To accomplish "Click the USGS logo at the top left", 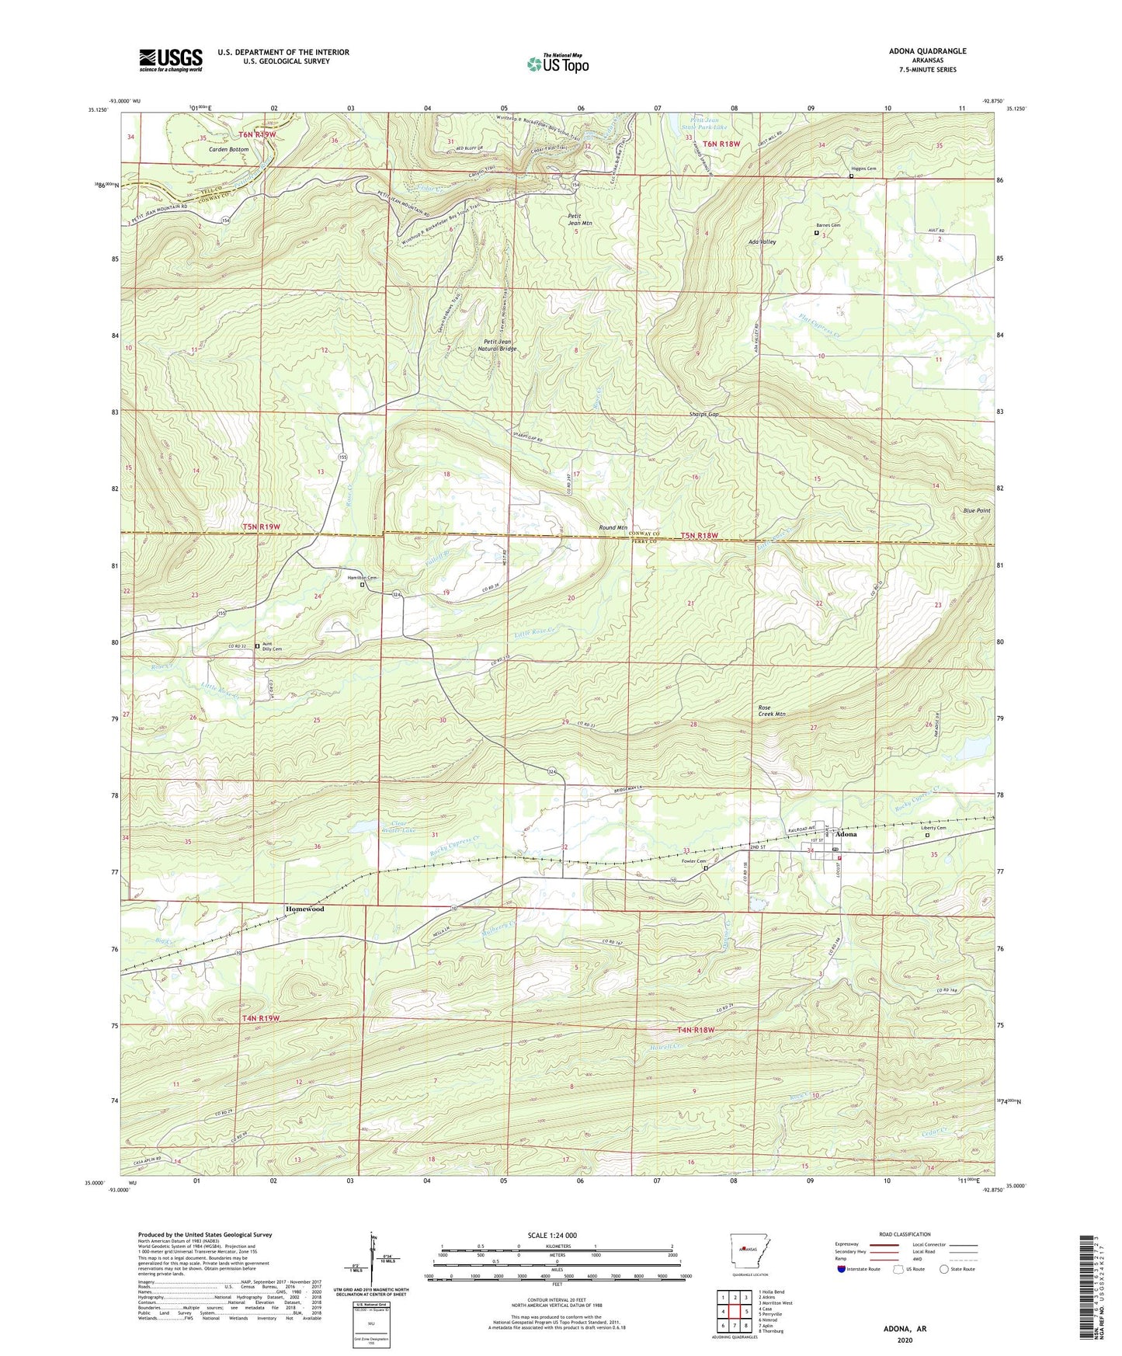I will (171, 60).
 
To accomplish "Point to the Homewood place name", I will (304, 908).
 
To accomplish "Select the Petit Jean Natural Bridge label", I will (497, 346).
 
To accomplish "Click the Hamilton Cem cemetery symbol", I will (362, 586).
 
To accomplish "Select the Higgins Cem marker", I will (851, 176).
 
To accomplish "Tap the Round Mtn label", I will (613, 527).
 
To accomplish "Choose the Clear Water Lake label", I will (403, 826).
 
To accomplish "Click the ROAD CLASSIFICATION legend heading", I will (905, 1234).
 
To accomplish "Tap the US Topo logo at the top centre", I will (557, 63).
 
